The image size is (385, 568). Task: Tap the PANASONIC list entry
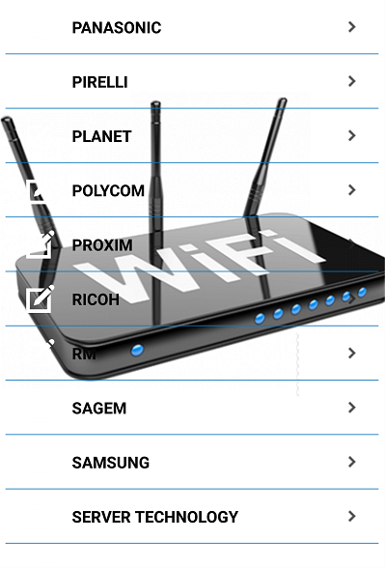pos(117,28)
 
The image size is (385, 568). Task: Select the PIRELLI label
pos(100,82)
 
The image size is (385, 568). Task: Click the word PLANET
pos(101,136)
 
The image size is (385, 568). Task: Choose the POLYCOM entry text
pos(108,191)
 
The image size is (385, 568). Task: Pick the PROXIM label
pos(102,245)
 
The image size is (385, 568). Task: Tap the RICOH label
pos(96,299)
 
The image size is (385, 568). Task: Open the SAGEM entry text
pos(99,409)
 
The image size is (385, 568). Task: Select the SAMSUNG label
pos(111,463)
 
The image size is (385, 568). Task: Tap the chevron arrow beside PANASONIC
pos(351,27)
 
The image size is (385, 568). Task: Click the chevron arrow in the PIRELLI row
pos(351,81)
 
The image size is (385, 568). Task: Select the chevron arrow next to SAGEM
pos(351,408)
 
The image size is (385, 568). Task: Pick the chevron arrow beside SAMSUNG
pos(351,462)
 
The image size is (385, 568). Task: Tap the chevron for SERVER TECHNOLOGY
pos(351,516)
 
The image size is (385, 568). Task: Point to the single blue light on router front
pos(137,351)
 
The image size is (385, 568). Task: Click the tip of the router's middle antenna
pos(155,103)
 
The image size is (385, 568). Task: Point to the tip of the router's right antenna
pos(283,100)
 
